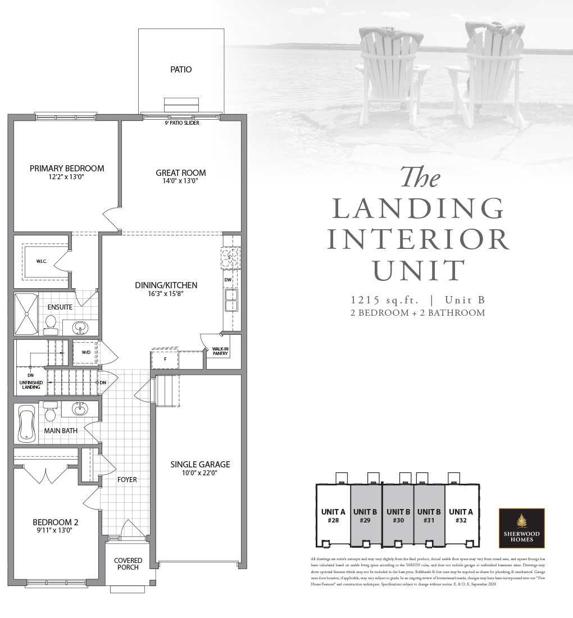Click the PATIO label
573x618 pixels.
tap(181, 70)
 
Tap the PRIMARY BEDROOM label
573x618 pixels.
tap(67, 169)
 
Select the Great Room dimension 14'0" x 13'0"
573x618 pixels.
tap(181, 181)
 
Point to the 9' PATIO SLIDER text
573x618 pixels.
tap(182, 123)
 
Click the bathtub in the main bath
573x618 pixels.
tap(26, 422)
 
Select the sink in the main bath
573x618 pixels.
tap(79, 410)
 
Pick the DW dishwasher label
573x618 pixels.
tap(228, 279)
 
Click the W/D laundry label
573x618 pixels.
tap(86, 352)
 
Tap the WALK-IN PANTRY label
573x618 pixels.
tap(220, 352)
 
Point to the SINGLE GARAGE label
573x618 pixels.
tap(200, 464)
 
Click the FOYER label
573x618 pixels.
tap(127, 480)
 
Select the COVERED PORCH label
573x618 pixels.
tap(128, 564)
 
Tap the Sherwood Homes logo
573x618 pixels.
tap(521, 528)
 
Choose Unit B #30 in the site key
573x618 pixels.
tap(398, 516)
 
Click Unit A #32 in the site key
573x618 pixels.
tap(461, 516)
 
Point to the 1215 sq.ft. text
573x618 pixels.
tap(383, 299)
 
